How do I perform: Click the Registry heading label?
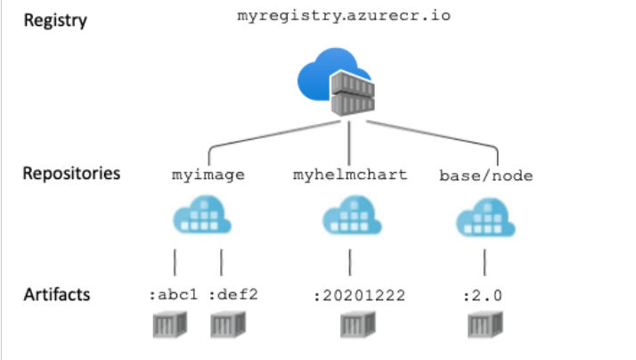(54, 20)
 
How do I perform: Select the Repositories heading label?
(71, 173)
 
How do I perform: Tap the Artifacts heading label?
(57, 294)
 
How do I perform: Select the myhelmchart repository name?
(350, 175)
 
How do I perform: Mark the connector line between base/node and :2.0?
(485, 262)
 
